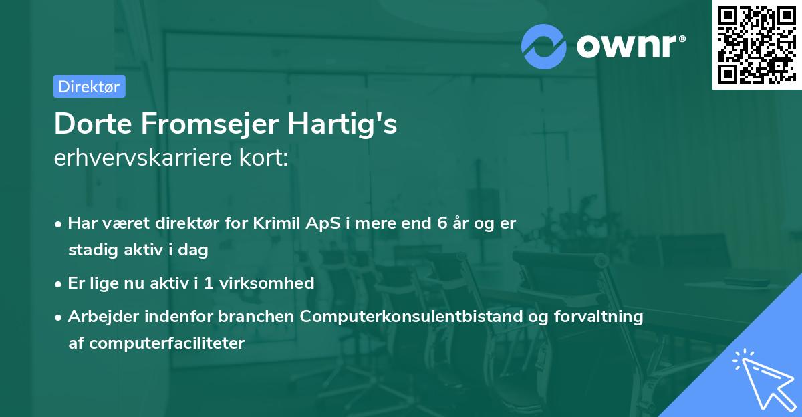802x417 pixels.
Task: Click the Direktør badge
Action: pyautogui.click(x=89, y=86)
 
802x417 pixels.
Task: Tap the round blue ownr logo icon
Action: pyautogui.click(x=544, y=47)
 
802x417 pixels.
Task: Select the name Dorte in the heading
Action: pyautogui.click(x=86, y=125)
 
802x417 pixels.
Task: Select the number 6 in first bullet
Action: pyautogui.click(x=442, y=223)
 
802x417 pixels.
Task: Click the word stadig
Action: pyautogui.click(x=91, y=251)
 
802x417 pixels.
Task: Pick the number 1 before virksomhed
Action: pyautogui.click(x=209, y=283)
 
